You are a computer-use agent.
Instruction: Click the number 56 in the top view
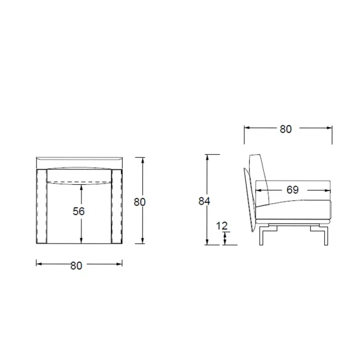(79, 211)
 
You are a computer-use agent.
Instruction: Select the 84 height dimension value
(204, 201)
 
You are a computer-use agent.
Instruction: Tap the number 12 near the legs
(221, 226)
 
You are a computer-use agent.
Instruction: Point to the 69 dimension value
(292, 190)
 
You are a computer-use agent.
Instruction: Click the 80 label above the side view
(285, 129)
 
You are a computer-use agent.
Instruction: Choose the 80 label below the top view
(76, 266)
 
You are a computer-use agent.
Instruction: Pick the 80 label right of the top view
(139, 202)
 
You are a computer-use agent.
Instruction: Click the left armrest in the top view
(42, 207)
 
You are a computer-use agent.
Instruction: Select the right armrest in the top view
(117, 207)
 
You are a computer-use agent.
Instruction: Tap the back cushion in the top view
(79, 176)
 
